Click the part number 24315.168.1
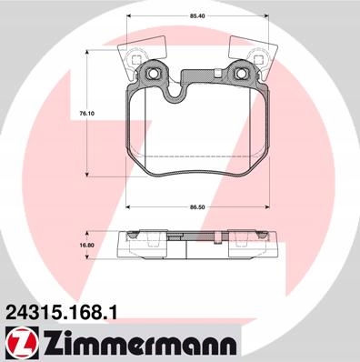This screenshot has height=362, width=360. [x=60, y=312]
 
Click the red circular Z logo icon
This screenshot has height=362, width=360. [x=22, y=344]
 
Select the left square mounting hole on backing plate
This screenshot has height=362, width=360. [x=152, y=74]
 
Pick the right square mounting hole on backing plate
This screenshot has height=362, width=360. [x=242, y=74]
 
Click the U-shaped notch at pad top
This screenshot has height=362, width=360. [x=174, y=93]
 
